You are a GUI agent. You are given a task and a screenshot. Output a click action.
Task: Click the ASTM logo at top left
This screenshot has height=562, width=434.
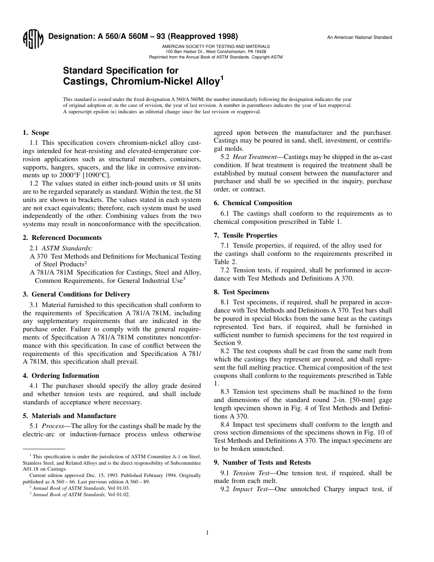pyautogui.click(x=32, y=40)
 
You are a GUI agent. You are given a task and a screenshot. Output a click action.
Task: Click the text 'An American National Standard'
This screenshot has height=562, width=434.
pyautogui.click(x=359, y=37)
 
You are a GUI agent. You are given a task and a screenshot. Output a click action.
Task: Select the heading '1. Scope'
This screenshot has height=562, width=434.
pyautogui.click(x=36, y=133)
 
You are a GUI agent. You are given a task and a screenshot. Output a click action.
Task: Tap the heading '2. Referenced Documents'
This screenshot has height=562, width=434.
pyautogui.click(x=62, y=238)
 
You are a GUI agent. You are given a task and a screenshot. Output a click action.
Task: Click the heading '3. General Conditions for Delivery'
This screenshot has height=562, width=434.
pyautogui.click(x=76, y=295)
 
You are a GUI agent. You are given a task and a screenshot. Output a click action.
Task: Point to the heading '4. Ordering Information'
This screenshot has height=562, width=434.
pyautogui.click(x=61, y=376)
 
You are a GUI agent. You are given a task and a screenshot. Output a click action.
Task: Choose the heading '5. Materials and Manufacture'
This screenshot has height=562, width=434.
pyautogui.click(x=69, y=416)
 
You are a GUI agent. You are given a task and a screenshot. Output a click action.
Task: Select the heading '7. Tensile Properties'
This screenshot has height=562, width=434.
pyautogui.click(x=245, y=235)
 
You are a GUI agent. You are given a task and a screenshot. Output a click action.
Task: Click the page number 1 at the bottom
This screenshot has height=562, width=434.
pyautogui.click(x=207, y=532)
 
